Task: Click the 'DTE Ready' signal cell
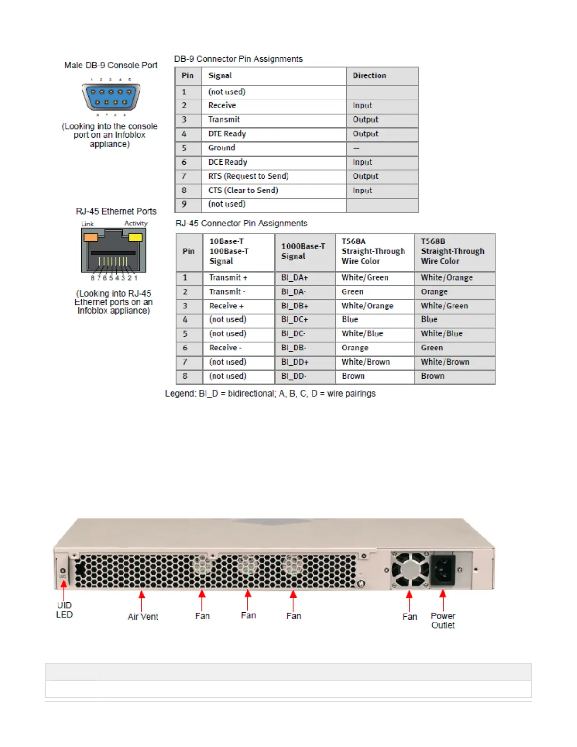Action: (227, 134)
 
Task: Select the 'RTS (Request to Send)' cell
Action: (248, 176)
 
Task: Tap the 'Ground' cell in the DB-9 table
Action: (222, 148)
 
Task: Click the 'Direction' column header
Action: (369, 75)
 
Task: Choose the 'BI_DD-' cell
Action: (294, 376)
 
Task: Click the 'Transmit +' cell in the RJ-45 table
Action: (228, 278)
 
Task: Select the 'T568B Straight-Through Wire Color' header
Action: (453, 251)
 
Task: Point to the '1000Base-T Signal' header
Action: (303, 251)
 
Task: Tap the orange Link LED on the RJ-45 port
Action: (91, 237)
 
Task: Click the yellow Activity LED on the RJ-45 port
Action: (136, 237)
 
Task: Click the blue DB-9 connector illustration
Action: (111, 97)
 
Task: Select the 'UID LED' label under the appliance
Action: (64, 610)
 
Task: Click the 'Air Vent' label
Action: (143, 616)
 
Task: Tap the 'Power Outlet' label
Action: (443, 621)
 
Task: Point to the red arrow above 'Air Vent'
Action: (141, 600)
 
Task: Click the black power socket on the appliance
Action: (444, 570)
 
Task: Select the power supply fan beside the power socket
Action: (409, 570)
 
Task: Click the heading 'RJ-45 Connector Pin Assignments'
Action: (241, 224)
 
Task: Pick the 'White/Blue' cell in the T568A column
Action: (362, 334)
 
